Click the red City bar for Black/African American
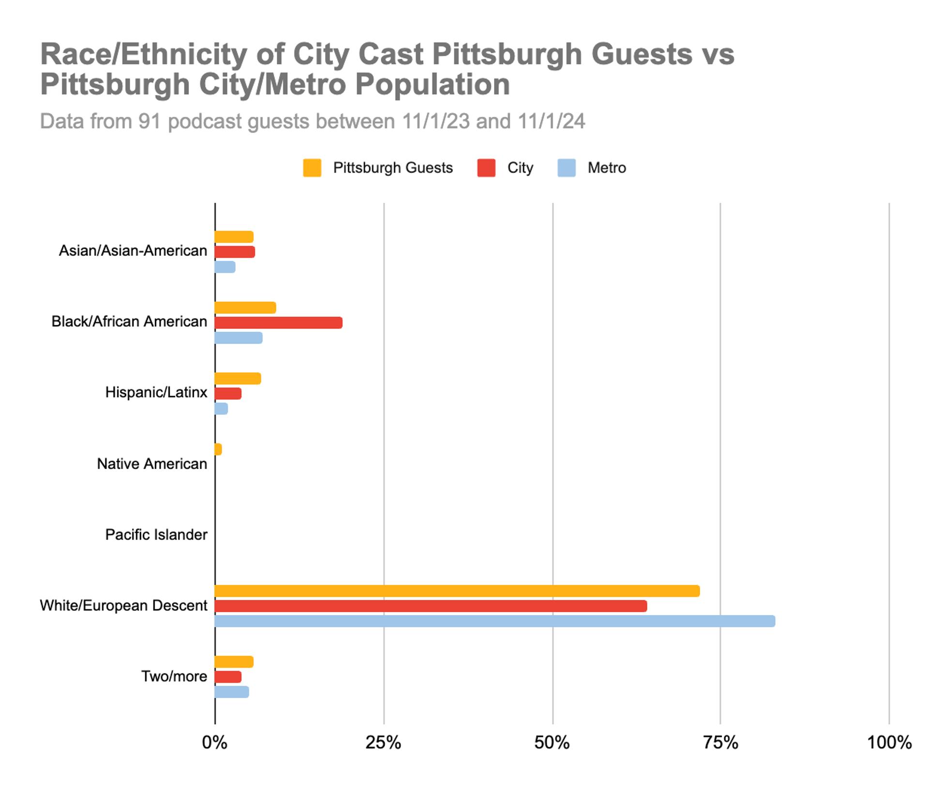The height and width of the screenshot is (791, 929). [x=278, y=322]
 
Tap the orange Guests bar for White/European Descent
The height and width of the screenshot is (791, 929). [x=457, y=590]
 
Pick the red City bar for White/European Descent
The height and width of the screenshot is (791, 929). [x=431, y=606]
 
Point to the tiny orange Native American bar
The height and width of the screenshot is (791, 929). [x=218, y=449]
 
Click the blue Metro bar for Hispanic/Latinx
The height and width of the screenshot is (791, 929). [x=221, y=409]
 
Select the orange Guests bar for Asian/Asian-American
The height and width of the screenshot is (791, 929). [x=234, y=237]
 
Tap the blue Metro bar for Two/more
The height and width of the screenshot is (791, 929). [x=232, y=692]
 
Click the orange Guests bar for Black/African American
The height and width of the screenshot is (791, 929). [x=245, y=308]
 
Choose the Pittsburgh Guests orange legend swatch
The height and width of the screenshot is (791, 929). [x=312, y=168]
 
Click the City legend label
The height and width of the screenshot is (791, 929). [x=520, y=168]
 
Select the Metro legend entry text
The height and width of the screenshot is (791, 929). [x=606, y=168]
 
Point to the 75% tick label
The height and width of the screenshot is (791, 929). [x=720, y=742]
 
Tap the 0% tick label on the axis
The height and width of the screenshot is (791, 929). [x=214, y=742]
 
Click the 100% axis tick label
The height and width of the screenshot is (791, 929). [x=889, y=742]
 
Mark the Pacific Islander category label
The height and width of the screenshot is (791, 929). [x=156, y=534]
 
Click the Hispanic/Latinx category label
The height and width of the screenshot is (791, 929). [x=156, y=392]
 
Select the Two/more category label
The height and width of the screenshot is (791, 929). [x=174, y=676]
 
